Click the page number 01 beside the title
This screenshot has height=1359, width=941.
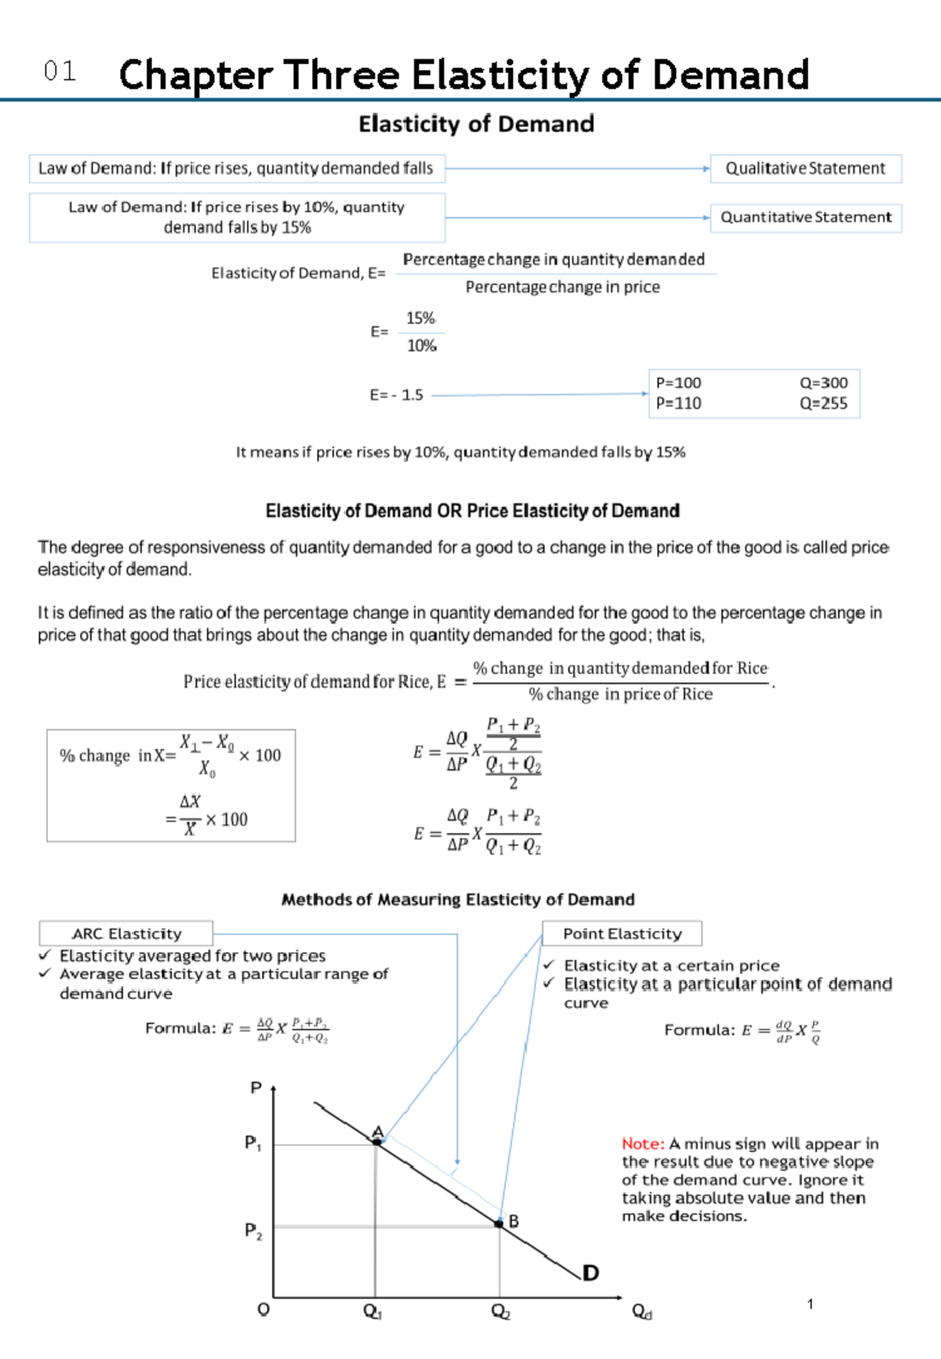(60, 72)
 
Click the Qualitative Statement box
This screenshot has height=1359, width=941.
(805, 169)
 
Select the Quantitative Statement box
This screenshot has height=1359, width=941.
(805, 217)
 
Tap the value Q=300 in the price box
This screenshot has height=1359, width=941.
(823, 383)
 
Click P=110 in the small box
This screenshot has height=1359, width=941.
(678, 403)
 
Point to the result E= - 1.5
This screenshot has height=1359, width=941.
(396, 395)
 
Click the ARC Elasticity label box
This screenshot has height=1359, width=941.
(126, 933)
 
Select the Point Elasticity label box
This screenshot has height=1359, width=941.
(622, 933)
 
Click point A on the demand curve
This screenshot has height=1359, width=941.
(377, 1142)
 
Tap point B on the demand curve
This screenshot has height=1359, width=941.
(500, 1223)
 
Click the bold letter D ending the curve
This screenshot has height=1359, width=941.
(590, 1273)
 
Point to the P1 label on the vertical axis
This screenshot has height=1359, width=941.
(253, 1143)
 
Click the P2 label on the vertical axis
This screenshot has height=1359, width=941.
(253, 1230)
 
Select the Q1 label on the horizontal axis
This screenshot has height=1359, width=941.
(372, 1311)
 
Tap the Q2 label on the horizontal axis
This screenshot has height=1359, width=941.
(500, 1311)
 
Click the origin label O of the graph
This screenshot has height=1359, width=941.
(263, 1310)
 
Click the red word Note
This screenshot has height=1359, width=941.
(642, 1143)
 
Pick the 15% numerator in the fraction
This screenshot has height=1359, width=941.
(420, 318)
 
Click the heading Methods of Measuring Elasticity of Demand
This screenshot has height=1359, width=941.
(458, 899)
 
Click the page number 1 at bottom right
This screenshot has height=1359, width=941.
(810, 1304)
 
